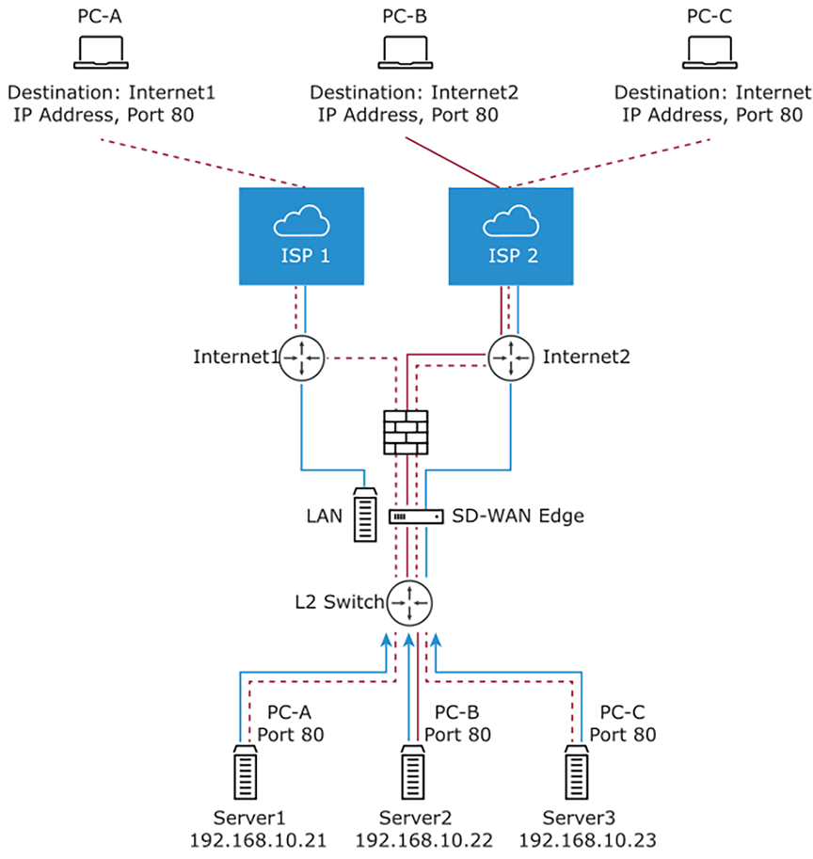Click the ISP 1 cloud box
click(x=301, y=235)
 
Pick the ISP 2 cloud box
click(x=511, y=235)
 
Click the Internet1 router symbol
click(x=302, y=358)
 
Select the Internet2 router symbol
click(x=510, y=358)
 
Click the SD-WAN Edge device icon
click(x=415, y=517)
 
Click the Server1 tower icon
click(x=247, y=773)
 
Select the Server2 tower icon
click(x=411, y=773)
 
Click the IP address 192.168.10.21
click(x=258, y=839)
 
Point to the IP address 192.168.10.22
click(x=422, y=839)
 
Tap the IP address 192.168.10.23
click(x=587, y=839)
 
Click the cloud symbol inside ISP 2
click(x=511, y=222)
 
